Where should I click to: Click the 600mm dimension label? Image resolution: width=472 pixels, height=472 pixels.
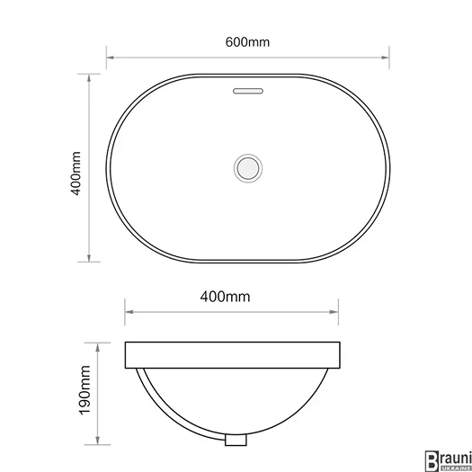(247, 42)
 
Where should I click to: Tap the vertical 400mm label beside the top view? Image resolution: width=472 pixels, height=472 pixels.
(76, 174)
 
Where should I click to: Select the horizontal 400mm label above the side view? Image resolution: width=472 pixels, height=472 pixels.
(225, 297)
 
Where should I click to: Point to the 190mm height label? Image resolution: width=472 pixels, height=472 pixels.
(85, 390)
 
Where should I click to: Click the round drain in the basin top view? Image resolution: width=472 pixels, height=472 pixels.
(248, 168)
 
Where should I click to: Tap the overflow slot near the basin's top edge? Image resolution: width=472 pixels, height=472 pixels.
(248, 91)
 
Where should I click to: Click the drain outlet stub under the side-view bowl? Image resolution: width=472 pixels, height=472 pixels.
(236, 440)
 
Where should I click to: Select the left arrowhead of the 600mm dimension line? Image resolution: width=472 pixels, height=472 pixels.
(111, 58)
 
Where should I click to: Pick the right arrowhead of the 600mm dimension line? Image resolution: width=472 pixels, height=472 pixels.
(385, 58)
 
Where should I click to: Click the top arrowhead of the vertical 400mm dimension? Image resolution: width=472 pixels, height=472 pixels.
(89, 78)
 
